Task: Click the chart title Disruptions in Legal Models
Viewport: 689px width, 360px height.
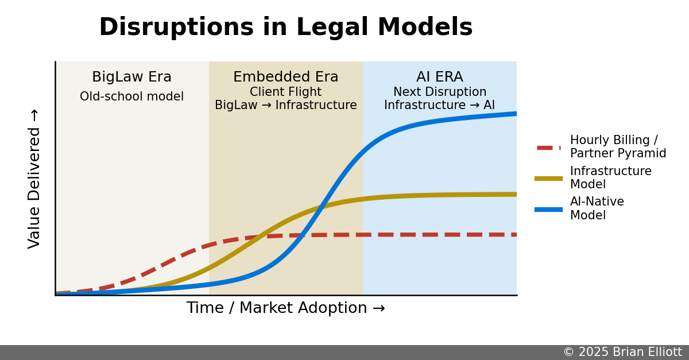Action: click(x=285, y=28)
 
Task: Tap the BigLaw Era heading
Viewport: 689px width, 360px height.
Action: click(x=131, y=78)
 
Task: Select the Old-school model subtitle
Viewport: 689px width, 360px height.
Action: click(x=131, y=96)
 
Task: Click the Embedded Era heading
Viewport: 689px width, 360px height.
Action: click(x=285, y=78)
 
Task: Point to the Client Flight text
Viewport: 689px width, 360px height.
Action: click(x=285, y=92)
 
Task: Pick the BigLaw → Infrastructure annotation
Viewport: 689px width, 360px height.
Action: click(x=285, y=106)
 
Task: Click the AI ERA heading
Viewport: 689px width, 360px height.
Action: click(x=439, y=78)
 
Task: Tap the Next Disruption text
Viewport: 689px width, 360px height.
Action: click(x=439, y=92)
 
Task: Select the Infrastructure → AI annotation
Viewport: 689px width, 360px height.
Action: click(x=439, y=106)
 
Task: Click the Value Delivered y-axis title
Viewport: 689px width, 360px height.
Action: click(x=34, y=179)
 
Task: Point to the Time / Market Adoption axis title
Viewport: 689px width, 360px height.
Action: click(x=285, y=308)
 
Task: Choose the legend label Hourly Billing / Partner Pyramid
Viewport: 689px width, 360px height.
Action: click(x=618, y=147)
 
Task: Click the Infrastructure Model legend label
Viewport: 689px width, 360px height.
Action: click(x=610, y=178)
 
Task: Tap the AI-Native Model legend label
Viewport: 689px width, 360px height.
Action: click(x=597, y=208)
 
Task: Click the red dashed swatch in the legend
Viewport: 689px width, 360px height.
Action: click(x=548, y=148)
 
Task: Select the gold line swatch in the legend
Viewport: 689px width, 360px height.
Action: click(x=548, y=179)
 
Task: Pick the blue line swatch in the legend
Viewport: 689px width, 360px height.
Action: click(x=548, y=209)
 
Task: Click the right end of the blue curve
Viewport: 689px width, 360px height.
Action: click(x=515, y=114)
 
